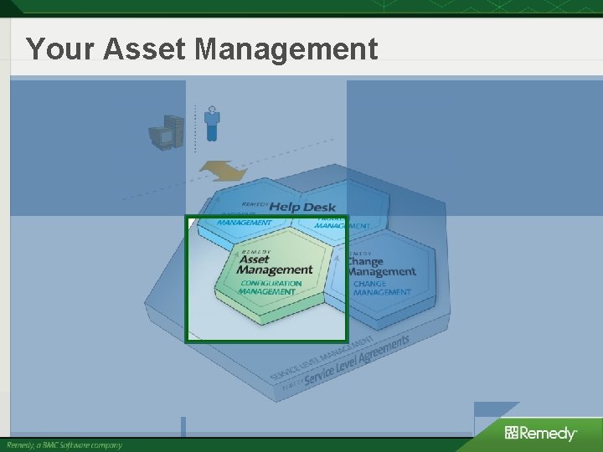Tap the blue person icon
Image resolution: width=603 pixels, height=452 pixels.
pyautogui.click(x=212, y=123)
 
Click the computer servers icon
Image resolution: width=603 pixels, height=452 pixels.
pyautogui.click(x=166, y=132)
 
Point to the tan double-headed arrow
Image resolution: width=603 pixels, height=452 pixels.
pyautogui.click(x=223, y=172)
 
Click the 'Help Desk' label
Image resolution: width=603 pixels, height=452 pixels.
pyautogui.click(x=301, y=207)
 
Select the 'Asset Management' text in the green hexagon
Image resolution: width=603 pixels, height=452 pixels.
pyautogui.click(x=274, y=265)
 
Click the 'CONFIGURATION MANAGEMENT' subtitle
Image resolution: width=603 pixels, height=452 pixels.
pyautogui.click(x=270, y=287)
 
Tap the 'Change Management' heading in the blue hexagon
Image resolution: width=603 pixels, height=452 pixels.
pyautogui.click(x=381, y=266)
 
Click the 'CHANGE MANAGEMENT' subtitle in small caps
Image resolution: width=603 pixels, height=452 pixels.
pyautogui.click(x=381, y=288)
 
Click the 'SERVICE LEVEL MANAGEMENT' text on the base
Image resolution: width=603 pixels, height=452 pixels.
pyautogui.click(x=322, y=359)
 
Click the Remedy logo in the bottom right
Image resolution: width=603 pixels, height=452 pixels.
pyautogui.click(x=540, y=433)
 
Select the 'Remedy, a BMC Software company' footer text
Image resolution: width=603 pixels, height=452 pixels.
pyautogui.click(x=64, y=445)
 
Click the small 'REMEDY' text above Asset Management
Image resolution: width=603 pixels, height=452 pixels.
pyautogui.click(x=255, y=251)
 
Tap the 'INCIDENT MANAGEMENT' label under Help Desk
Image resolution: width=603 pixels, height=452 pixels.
pyautogui.click(x=245, y=222)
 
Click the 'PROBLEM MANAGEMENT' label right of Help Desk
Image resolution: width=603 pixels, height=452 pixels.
pyautogui.click(x=343, y=224)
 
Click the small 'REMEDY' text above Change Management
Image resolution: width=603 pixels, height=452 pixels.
pyautogui.click(x=360, y=253)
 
